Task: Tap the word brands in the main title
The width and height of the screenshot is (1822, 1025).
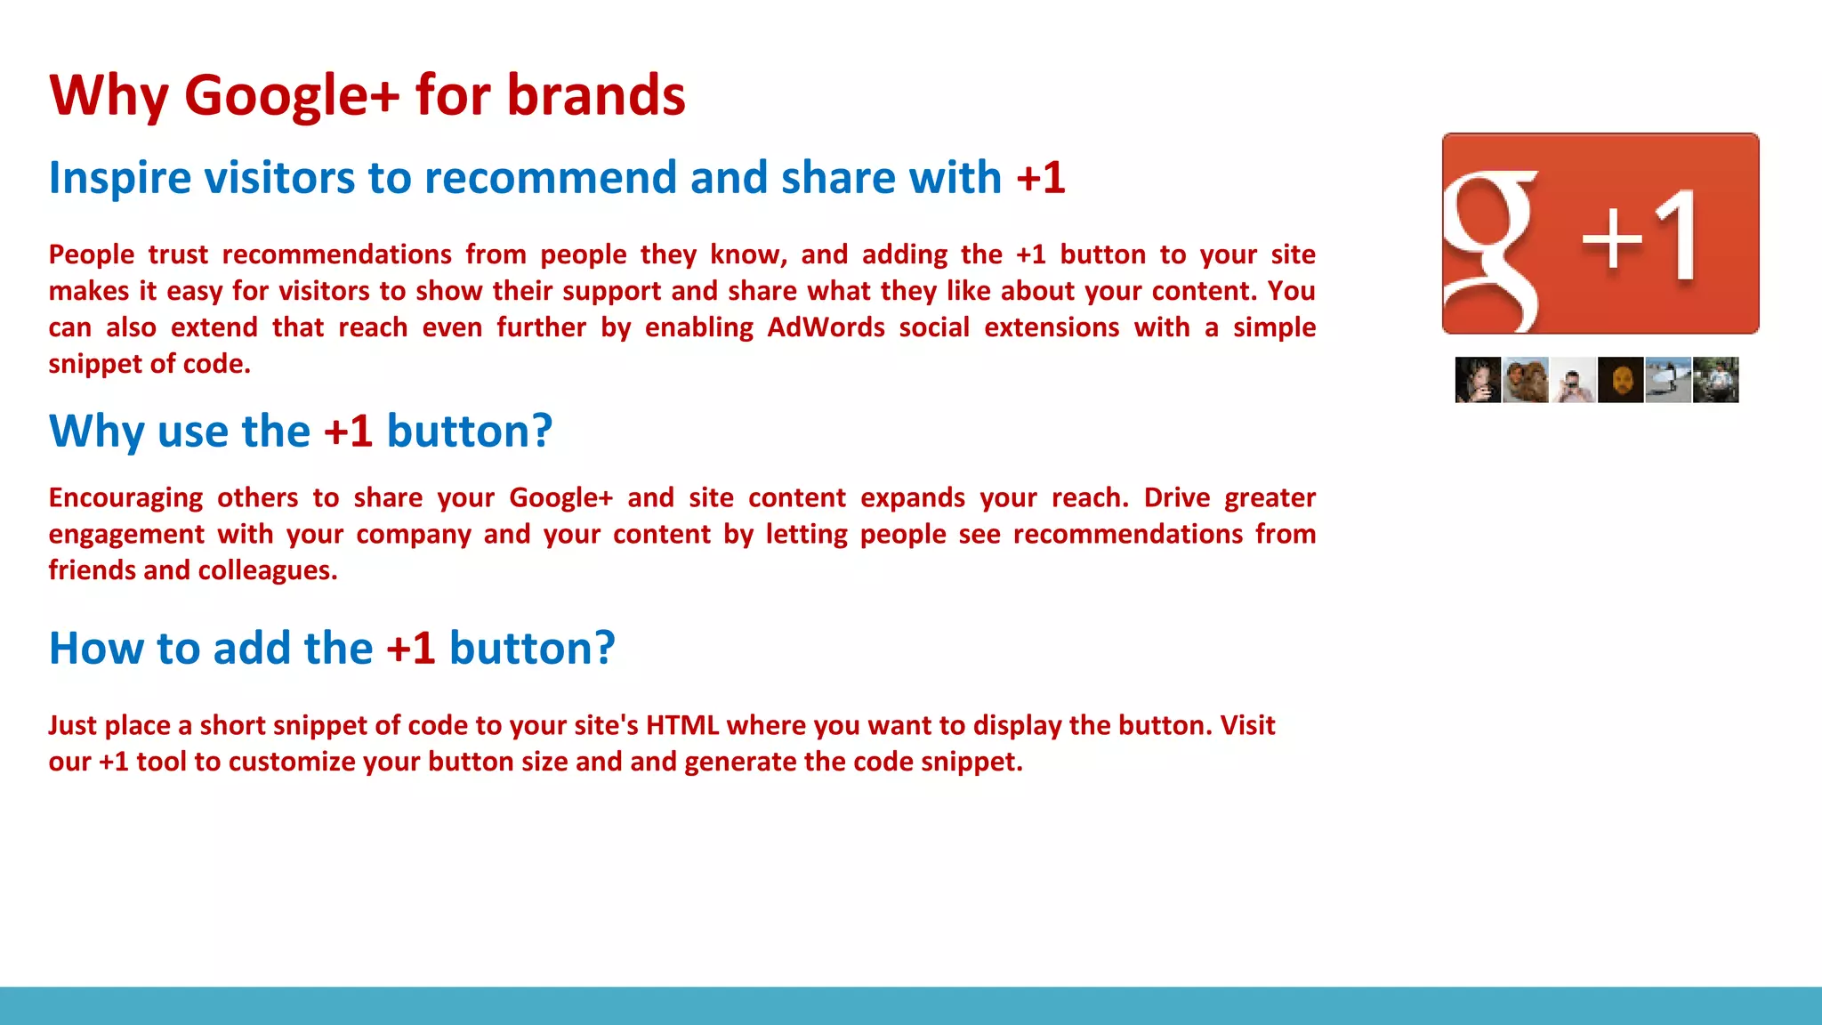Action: coord(596,96)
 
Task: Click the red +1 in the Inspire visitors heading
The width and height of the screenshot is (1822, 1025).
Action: coord(1040,177)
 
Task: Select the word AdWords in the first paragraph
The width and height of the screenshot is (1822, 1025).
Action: coord(826,327)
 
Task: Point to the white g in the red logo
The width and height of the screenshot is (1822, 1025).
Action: coord(1490,249)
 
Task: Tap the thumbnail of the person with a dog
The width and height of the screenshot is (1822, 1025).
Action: coord(1525,380)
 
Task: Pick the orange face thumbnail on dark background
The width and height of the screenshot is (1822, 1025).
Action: coord(1620,380)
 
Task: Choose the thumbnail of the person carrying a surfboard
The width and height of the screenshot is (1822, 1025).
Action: coord(1667,380)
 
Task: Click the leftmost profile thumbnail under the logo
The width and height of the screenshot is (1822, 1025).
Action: coord(1478,380)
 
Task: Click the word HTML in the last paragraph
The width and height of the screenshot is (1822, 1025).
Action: coord(681,725)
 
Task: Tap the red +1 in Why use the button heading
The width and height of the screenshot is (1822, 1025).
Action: coord(348,432)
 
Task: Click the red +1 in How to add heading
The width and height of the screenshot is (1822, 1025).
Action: coord(410,649)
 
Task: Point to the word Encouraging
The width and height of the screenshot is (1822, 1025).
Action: coord(125,498)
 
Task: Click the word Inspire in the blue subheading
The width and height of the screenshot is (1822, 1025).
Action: coord(120,178)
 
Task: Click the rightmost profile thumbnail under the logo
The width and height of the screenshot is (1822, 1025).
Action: coord(1715,380)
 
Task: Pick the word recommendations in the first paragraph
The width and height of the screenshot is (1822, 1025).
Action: coord(336,254)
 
